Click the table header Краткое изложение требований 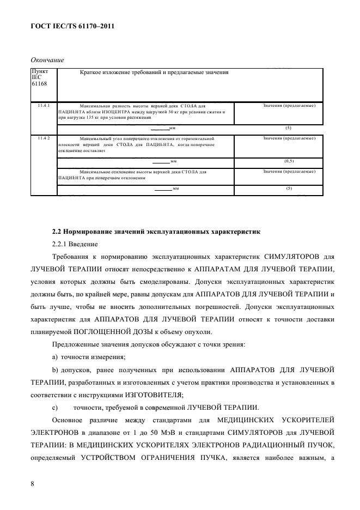pyautogui.click(x=154, y=72)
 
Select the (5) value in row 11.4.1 pyautogui.click(x=289, y=128)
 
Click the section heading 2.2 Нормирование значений pyautogui.click(x=156, y=232)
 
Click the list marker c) pyautogui.click(x=55, y=407)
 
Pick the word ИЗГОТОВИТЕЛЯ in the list pyautogui.click(x=155, y=394)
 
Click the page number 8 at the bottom pyautogui.click(x=32, y=483)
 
